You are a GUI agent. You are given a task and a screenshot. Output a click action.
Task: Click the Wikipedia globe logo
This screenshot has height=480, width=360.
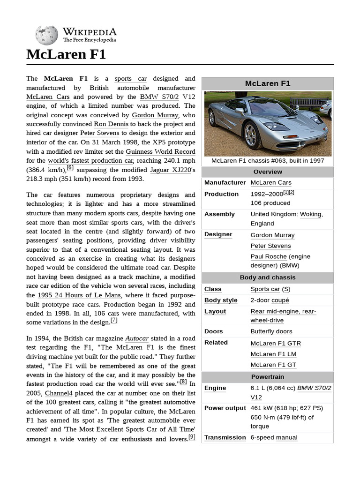click(x=46, y=35)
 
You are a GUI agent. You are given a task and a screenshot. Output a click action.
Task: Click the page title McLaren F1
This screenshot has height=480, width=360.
click(x=66, y=54)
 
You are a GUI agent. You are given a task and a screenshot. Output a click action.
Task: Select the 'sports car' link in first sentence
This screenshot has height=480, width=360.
click(x=130, y=79)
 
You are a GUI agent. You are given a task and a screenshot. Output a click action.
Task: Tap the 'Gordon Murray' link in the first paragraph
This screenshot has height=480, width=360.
click(x=155, y=115)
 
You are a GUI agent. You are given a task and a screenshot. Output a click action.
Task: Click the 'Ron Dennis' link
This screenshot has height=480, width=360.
click(x=111, y=124)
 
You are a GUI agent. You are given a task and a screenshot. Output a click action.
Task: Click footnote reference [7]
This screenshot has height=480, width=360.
click(x=114, y=321)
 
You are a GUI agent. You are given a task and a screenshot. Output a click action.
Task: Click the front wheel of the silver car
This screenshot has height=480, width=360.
click(x=251, y=135)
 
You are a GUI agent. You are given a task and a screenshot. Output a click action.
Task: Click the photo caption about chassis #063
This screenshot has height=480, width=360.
click(x=268, y=160)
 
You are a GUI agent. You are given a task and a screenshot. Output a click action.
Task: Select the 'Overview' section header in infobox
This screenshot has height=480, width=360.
click(x=268, y=172)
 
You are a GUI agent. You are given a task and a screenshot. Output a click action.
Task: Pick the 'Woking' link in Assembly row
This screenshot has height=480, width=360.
click(x=311, y=214)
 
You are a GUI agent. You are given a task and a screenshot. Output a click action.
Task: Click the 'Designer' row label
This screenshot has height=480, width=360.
click(x=218, y=234)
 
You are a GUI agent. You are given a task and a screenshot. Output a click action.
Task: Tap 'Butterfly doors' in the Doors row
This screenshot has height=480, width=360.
click(x=271, y=331)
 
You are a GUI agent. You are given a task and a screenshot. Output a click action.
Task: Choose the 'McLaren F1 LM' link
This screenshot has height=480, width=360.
click(x=273, y=354)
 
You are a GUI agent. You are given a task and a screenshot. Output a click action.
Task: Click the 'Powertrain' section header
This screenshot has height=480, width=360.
click(x=268, y=377)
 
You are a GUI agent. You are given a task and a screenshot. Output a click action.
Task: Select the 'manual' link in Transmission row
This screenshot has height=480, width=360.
click(x=286, y=437)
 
